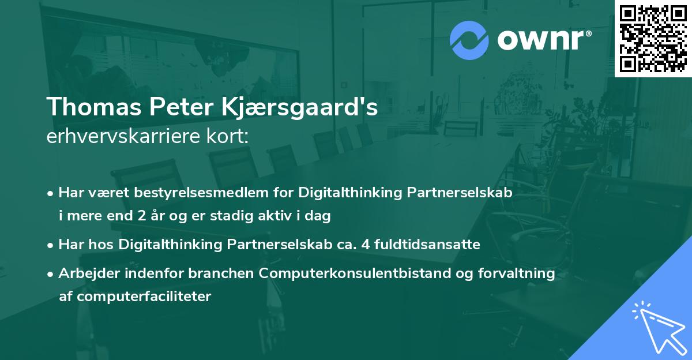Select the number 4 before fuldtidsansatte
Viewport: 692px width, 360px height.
(x=364, y=245)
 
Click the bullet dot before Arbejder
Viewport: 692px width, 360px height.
(x=51, y=274)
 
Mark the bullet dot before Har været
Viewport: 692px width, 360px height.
(x=51, y=193)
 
